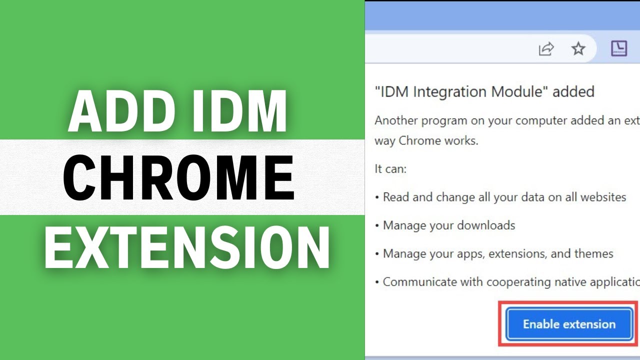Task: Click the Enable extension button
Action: pos(569,324)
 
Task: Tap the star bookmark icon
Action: pos(578,48)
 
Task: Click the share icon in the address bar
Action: pos(546,48)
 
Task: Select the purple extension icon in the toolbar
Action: pos(619,48)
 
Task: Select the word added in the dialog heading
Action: pos(573,92)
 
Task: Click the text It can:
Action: pos(390,169)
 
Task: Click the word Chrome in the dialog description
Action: pos(415,141)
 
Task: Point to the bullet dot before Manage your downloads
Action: pos(377,226)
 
